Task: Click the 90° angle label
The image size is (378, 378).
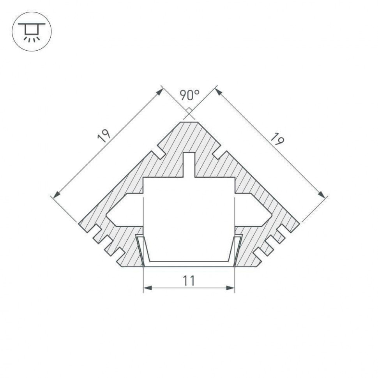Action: pyautogui.click(x=189, y=95)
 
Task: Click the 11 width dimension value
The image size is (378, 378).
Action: pyautogui.click(x=189, y=280)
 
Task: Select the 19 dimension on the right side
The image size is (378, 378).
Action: pyautogui.click(x=277, y=139)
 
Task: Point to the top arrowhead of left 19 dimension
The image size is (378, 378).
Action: pyautogui.click(x=160, y=90)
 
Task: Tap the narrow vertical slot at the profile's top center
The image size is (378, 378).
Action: pyautogui.click(x=189, y=164)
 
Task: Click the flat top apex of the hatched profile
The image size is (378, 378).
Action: pyautogui.click(x=189, y=122)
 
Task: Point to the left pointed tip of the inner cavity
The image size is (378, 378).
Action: pyautogui.click(x=108, y=214)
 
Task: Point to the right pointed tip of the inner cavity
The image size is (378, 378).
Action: pyautogui.click(x=271, y=214)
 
